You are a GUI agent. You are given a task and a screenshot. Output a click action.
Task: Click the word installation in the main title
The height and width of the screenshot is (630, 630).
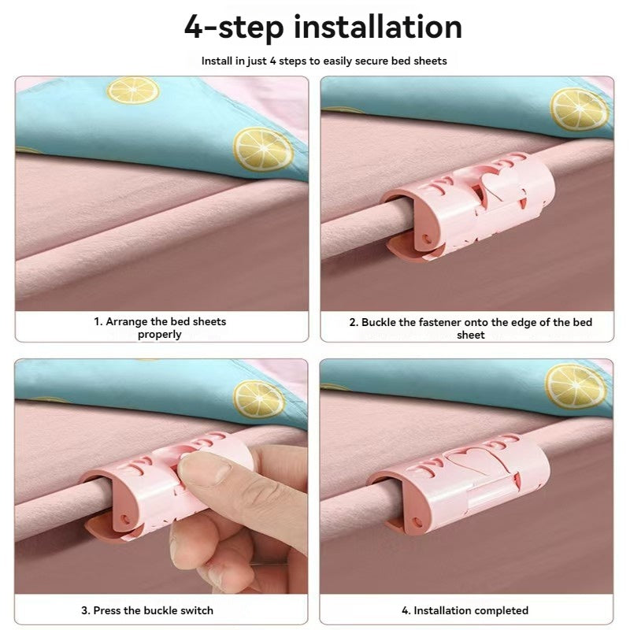point(378,27)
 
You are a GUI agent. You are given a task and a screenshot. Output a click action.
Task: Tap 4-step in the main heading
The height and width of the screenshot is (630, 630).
point(234,28)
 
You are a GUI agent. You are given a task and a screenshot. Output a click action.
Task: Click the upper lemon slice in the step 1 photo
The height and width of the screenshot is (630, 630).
point(133,91)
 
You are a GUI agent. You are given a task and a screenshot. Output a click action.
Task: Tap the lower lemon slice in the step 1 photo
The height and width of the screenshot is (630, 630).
point(263,150)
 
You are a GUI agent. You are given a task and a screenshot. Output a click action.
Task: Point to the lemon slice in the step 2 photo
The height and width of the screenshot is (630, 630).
point(579,109)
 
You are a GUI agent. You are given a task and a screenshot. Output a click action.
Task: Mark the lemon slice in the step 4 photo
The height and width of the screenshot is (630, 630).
point(576,387)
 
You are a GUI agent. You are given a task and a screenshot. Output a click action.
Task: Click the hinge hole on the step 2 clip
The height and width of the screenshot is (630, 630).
point(428,242)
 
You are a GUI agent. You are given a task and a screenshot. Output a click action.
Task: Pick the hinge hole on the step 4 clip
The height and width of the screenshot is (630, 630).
point(418,523)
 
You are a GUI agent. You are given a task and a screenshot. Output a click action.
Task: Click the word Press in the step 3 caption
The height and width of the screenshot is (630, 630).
point(107,611)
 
